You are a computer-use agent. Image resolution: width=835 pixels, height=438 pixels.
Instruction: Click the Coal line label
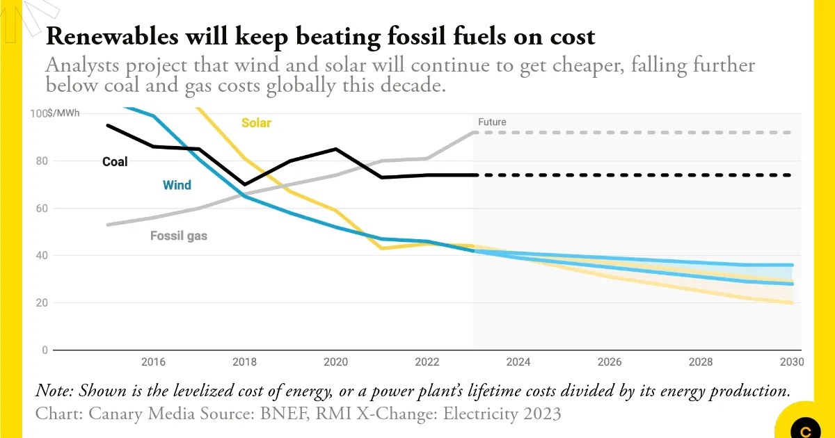[116, 161]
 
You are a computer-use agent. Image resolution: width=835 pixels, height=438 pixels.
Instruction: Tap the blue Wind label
[177, 185]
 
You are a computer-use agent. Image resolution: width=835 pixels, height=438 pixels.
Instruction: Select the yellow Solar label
[256, 123]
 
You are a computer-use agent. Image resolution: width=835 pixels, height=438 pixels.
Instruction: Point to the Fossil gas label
[179, 236]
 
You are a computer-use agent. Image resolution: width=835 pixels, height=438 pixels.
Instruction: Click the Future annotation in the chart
[492, 122]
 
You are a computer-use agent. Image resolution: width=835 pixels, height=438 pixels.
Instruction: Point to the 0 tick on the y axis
[45, 350]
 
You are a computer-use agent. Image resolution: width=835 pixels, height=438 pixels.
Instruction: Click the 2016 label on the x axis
[152, 362]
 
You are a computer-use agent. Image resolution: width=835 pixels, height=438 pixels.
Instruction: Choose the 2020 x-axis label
[335, 362]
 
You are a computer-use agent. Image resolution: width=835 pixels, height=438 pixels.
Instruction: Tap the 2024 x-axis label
[518, 362]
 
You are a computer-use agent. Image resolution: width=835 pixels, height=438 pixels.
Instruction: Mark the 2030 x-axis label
[792, 362]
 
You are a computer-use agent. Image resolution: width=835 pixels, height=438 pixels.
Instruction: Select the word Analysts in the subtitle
[78, 66]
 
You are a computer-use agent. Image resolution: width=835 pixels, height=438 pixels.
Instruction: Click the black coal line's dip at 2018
[244, 184]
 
